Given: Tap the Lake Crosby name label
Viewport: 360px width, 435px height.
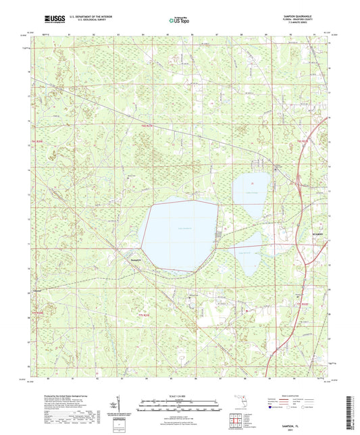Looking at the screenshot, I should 252,190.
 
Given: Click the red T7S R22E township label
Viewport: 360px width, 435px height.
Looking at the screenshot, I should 303,305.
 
